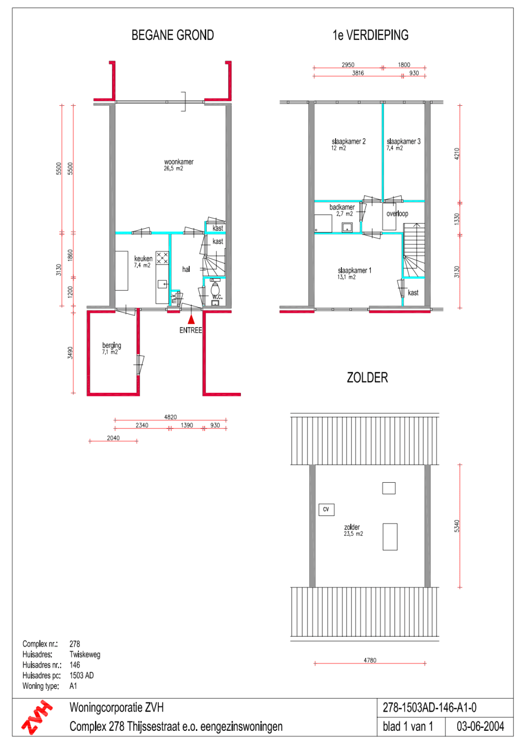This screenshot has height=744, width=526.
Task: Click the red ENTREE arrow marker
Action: pos(191,320)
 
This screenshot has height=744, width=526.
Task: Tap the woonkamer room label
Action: pos(179,162)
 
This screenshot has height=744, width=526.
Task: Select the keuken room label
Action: pos(143,258)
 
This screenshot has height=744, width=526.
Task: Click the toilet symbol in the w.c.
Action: pos(215,289)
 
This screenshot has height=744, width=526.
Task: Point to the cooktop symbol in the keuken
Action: pos(162,258)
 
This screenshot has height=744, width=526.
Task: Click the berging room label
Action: pos(112,345)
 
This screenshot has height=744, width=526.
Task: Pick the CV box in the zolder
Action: pos(326,509)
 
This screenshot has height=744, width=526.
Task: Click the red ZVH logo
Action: pos(36,717)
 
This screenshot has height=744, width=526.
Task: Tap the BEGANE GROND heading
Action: pos(173,35)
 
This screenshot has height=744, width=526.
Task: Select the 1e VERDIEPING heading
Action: pos(370,35)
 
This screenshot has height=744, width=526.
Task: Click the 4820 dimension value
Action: pos(170,417)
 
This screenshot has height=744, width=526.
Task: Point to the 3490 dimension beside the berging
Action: pos(70,353)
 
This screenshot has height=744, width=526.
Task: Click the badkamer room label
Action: pos(342,207)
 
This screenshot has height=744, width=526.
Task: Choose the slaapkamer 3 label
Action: pos(403,141)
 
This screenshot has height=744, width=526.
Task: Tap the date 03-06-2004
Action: pos(480,727)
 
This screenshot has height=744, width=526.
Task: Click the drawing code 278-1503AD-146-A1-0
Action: pos(430,708)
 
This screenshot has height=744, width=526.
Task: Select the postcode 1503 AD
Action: pos(82,675)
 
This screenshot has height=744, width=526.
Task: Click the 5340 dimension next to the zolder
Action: pos(457,526)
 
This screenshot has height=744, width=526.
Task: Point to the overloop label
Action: pos(397,213)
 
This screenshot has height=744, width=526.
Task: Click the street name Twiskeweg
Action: pos(85,654)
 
